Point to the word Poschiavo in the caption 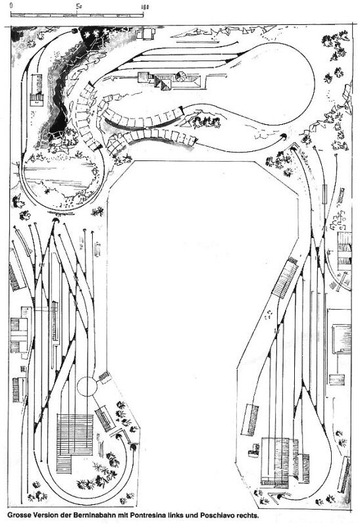(x=217, y=516)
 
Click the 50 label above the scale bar (x=78, y=6)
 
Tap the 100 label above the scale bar (x=145, y=7)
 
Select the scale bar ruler (x=77, y=15)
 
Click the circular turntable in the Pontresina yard (x=87, y=386)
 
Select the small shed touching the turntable (x=105, y=377)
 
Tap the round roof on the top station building (x=180, y=76)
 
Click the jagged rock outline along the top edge (x=216, y=32)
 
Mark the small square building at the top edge (x=145, y=33)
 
